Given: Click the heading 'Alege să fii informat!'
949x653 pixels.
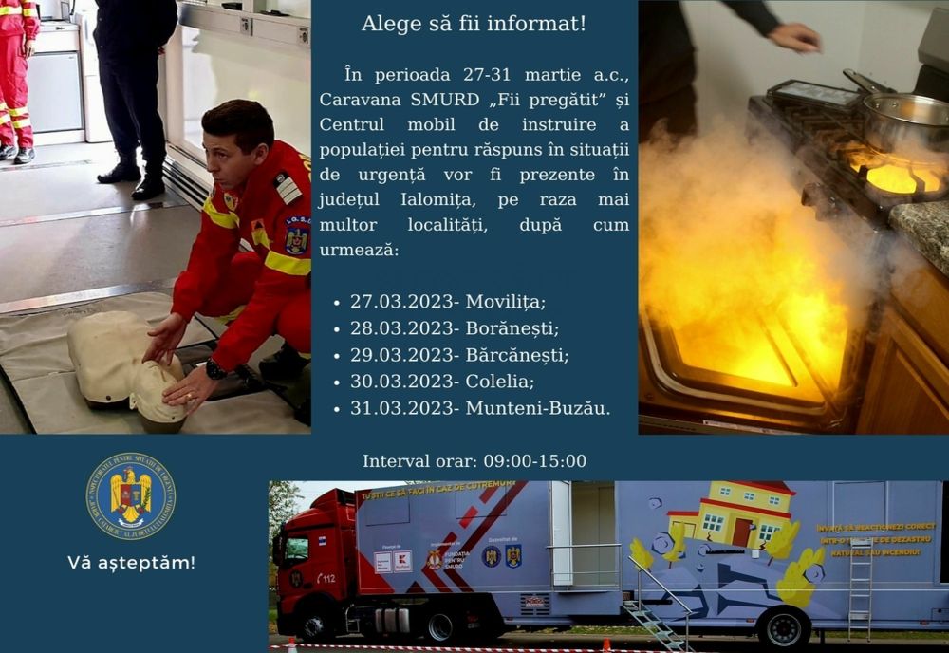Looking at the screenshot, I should (x=474, y=23).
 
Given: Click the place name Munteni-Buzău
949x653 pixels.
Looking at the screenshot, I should (x=537, y=408).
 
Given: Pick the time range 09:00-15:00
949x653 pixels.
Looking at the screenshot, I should (x=534, y=461).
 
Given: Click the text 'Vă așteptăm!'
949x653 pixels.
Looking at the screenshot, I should (x=131, y=562).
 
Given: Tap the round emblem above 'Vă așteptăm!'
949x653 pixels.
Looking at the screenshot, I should (x=131, y=496).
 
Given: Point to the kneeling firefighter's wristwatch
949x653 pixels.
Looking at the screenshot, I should (x=215, y=369).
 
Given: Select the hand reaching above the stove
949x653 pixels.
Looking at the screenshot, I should (x=794, y=37).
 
